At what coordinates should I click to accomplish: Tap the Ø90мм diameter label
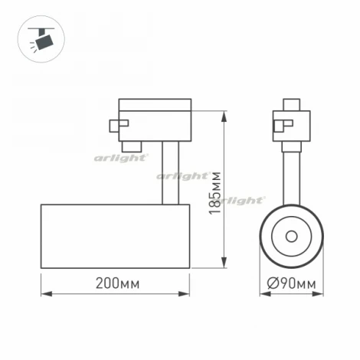(x=293, y=284)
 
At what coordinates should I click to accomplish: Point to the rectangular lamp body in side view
(x=115, y=237)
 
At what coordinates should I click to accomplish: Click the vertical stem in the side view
(x=170, y=172)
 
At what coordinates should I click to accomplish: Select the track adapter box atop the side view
(x=155, y=120)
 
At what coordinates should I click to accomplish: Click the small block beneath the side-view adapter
(x=133, y=143)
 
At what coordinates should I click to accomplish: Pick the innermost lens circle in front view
(x=292, y=235)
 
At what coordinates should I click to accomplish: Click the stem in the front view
(x=292, y=172)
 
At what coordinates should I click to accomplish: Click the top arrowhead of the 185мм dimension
(x=224, y=116)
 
